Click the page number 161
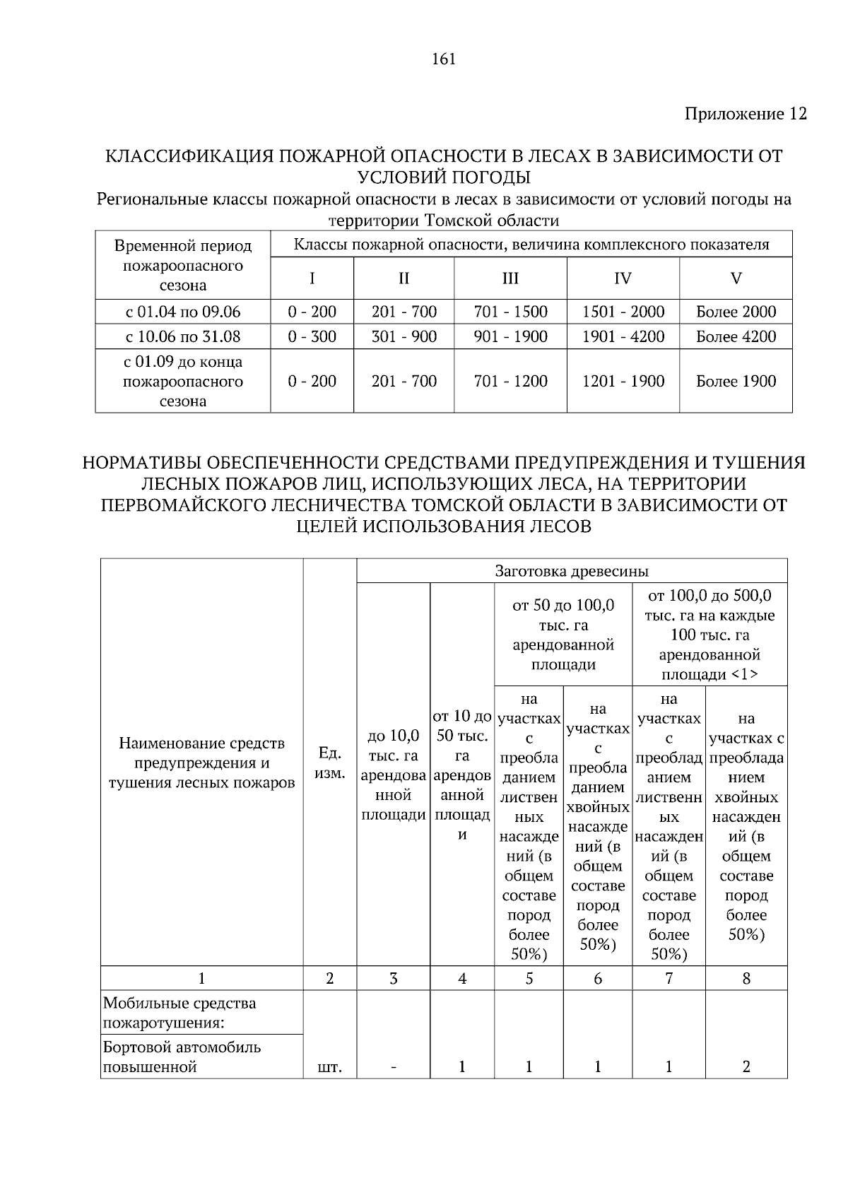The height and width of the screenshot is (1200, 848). pyautogui.click(x=443, y=59)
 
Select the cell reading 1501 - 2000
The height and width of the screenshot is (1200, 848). pyautogui.click(x=623, y=312)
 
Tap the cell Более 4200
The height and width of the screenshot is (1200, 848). pyautogui.click(x=736, y=336)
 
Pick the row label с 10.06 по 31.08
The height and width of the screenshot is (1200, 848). pyautogui.click(x=183, y=336)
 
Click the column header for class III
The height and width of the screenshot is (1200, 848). pyautogui.click(x=510, y=278)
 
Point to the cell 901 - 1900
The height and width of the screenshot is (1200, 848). pyautogui.click(x=510, y=336)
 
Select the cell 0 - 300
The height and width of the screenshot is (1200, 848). pyautogui.click(x=312, y=336)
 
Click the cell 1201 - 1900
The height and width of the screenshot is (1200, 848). pyautogui.click(x=623, y=382)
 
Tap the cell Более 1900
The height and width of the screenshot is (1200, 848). pyautogui.click(x=736, y=382)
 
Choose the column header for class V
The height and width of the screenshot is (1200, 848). pyautogui.click(x=736, y=278)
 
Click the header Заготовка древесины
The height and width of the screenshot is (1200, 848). pyautogui.click(x=572, y=571)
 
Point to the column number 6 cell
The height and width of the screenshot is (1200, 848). pyautogui.click(x=598, y=978)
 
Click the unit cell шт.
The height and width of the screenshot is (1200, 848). pyautogui.click(x=329, y=1067)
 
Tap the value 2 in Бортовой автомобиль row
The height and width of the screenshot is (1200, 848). pyautogui.click(x=746, y=1066)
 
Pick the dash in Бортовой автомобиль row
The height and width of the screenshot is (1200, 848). pyautogui.click(x=393, y=1066)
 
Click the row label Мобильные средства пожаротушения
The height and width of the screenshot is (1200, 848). pyautogui.click(x=179, y=1013)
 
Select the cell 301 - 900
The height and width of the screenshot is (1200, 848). pyautogui.click(x=404, y=336)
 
